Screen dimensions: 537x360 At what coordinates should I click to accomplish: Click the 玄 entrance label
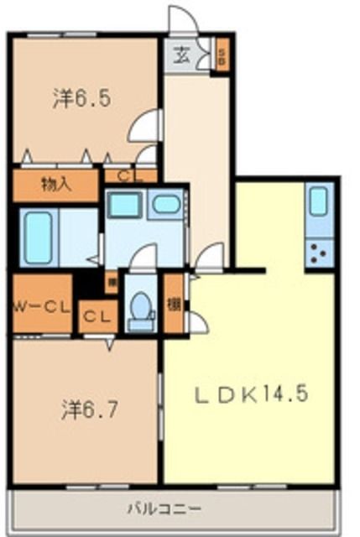181,56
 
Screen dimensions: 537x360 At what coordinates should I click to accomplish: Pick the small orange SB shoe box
222,57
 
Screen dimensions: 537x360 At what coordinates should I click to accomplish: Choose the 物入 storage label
56,185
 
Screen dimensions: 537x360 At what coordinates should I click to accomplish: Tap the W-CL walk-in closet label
41,306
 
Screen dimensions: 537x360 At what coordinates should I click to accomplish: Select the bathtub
39,237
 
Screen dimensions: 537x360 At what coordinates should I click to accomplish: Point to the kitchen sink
319,201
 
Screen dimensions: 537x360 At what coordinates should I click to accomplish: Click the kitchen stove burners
318,252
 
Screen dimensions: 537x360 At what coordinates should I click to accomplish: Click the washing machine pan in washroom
124,204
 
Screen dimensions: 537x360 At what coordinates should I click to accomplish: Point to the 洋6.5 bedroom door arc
144,126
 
